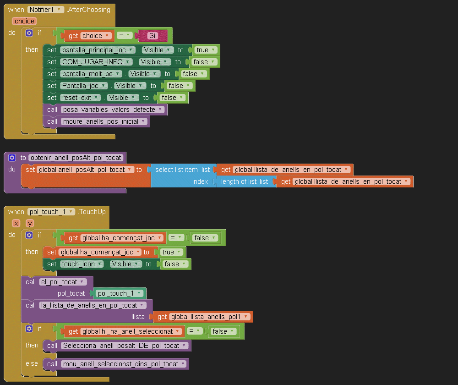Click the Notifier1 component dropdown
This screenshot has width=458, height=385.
pos(45,10)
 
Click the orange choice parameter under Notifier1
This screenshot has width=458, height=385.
pos(24,21)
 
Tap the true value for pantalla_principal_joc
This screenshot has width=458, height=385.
pos(205,50)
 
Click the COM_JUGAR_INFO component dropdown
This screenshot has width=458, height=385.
pos(96,62)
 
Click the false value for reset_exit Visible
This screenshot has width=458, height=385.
pos(171,98)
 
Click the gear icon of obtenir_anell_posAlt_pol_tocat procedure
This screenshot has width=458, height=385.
pos(12,158)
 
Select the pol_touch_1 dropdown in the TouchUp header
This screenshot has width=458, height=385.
pos(51,212)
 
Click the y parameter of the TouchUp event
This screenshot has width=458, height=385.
pos(30,223)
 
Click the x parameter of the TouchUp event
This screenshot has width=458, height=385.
pos(16,223)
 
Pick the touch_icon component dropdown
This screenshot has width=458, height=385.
pos(82,264)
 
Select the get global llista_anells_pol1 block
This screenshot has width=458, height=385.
pos(202,317)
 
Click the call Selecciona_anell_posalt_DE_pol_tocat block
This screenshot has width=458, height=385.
pos(52,346)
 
